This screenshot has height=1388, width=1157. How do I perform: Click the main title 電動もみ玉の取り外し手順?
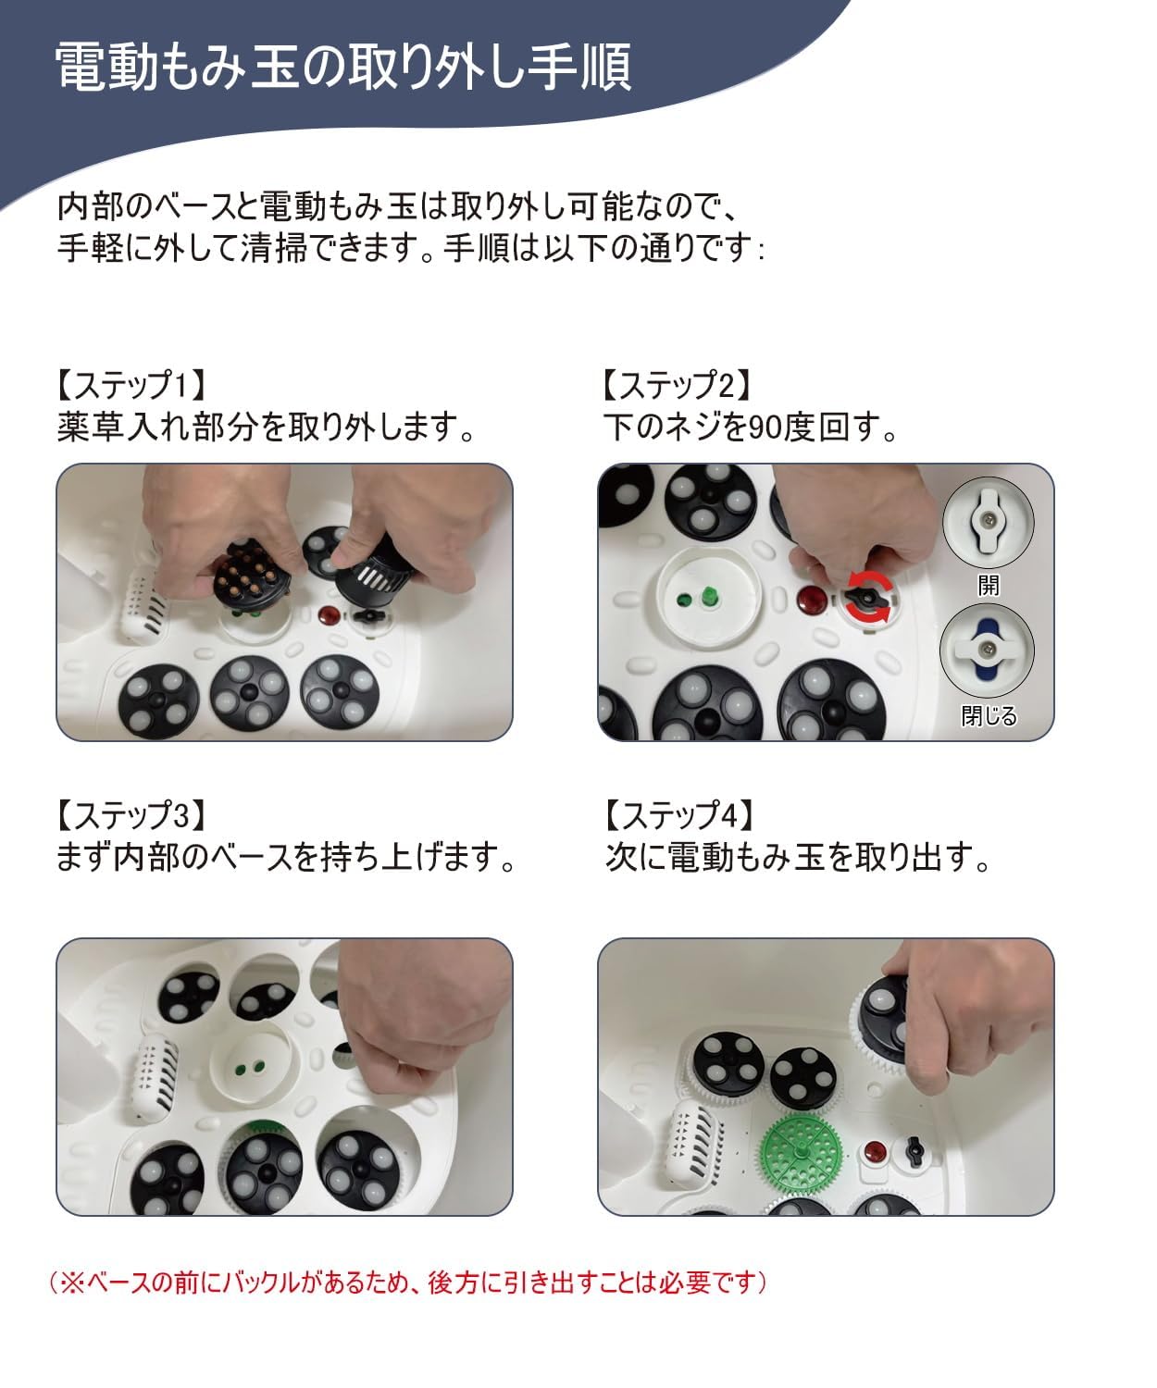(342, 67)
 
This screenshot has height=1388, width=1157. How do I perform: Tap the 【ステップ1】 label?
(131, 384)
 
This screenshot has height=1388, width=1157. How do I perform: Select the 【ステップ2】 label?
(676, 384)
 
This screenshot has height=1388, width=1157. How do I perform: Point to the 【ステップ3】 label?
(131, 815)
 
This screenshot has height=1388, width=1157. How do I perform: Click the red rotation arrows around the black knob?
(871, 597)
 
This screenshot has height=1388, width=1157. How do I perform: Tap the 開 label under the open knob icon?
(988, 585)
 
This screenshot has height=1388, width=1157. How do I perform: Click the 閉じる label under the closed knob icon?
(988, 716)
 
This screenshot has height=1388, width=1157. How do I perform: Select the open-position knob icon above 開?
(988, 522)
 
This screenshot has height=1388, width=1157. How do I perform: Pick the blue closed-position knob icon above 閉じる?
(987, 651)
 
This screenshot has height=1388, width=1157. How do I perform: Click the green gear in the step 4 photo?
(799, 1151)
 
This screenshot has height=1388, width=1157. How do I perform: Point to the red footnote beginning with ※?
(407, 1283)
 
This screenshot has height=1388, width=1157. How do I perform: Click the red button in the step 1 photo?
(329, 614)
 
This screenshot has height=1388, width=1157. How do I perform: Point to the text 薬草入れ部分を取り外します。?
(267, 428)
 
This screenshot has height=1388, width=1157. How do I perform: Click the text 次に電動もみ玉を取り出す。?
(798, 858)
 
